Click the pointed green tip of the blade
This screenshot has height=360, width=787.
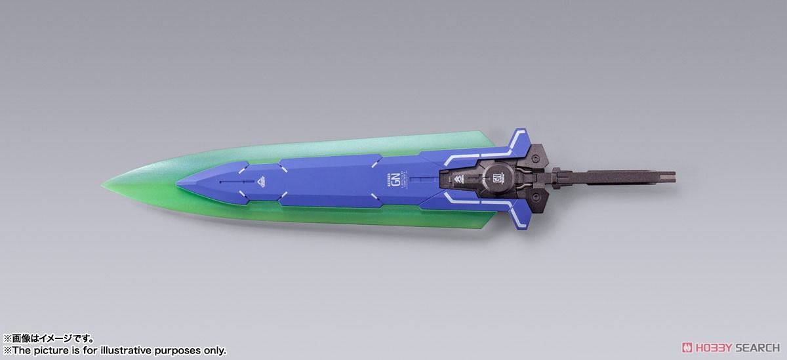click(105, 180)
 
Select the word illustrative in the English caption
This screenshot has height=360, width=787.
click(131, 351)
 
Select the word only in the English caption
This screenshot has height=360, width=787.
click(214, 351)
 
